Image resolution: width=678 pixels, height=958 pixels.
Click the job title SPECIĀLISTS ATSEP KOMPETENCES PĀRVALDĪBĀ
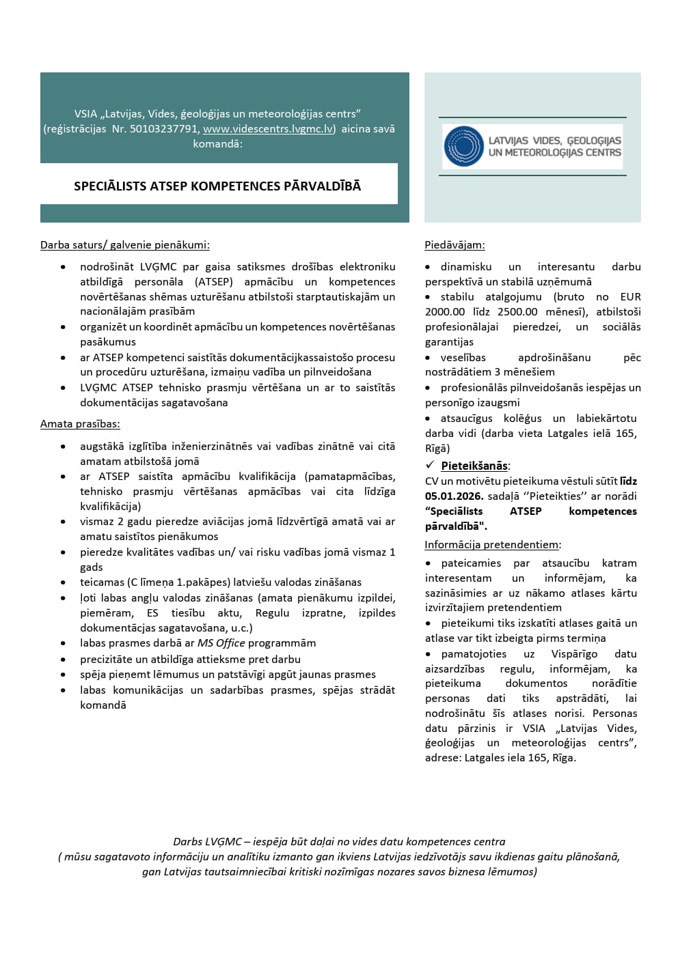[217, 186]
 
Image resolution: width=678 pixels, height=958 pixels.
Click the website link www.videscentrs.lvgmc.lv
[269, 128]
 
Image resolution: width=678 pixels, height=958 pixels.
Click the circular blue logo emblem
[463, 146]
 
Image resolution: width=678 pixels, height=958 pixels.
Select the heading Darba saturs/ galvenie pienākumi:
[125, 244]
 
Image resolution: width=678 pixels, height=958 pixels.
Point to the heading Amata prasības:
[80, 423]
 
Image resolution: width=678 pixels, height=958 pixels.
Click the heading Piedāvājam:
[455, 244]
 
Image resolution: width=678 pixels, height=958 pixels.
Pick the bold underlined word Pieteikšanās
[474, 466]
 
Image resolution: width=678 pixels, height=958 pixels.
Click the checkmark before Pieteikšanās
[430, 465]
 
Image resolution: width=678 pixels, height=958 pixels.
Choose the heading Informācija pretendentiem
[491, 544]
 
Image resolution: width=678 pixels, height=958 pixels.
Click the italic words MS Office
[221, 643]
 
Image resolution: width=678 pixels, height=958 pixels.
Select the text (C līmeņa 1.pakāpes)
[178, 582]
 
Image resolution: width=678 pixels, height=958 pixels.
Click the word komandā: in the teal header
[217, 143]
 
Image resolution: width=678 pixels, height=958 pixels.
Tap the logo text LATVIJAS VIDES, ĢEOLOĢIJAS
[554, 140]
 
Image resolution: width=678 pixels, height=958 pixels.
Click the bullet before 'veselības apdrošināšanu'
[428, 358]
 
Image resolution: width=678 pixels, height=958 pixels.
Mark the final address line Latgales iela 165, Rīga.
[519, 757]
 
